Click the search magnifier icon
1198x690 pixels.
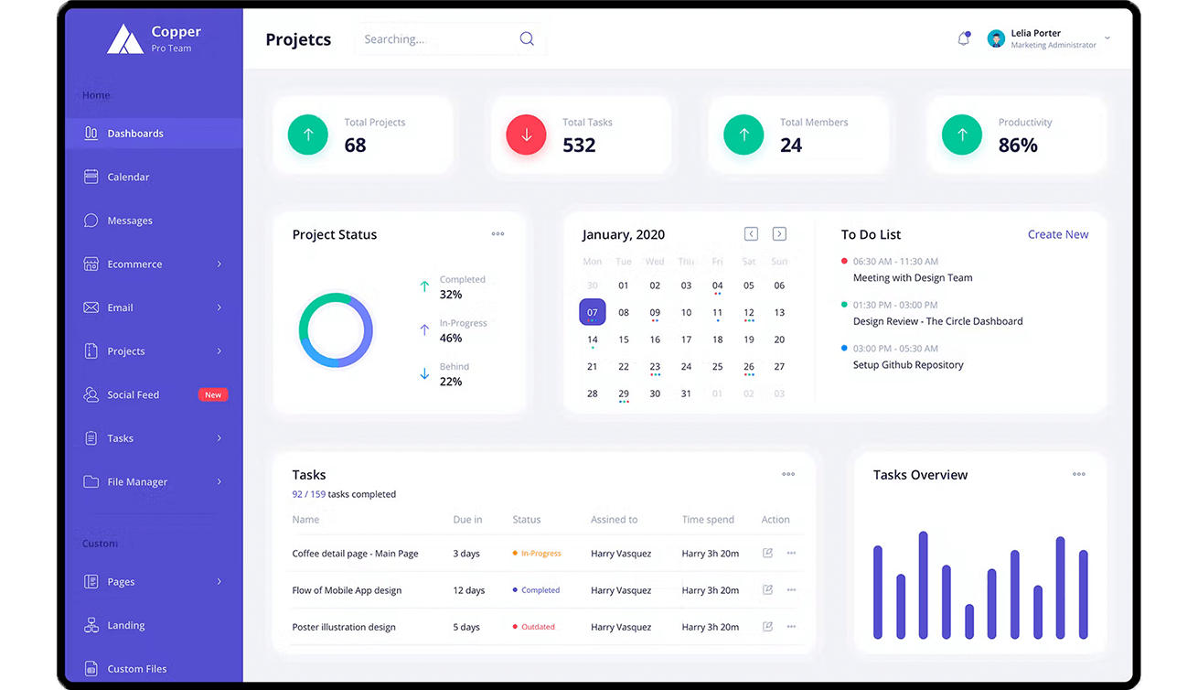(x=527, y=38)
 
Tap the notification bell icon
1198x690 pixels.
(x=963, y=38)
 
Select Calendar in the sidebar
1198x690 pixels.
(x=128, y=177)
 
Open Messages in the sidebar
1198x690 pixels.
(x=130, y=221)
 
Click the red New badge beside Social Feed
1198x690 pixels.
(x=213, y=394)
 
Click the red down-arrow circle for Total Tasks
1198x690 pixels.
(x=526, y=135)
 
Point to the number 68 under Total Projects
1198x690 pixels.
(x=355, y=145)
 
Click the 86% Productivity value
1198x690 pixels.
(x=1018, y=145)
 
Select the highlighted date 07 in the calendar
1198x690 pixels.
(x=593, y=312)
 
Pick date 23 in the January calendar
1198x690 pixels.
(x=655, y=367)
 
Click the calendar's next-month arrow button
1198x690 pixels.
(x=779, y=234)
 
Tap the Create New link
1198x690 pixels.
(x=1058, y=234)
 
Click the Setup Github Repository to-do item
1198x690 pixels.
(x=908, y=364)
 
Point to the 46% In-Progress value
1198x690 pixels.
(x=451, y=338)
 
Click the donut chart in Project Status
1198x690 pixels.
(x=336, y=330)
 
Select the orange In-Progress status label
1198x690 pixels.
(x=540, y=554)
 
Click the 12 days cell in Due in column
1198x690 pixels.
(x=469, y=590)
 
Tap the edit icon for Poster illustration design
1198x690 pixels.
(x=767, y=627)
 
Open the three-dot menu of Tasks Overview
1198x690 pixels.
(x=1079, y=474)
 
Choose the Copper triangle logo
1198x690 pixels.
(x=125, y=38)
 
